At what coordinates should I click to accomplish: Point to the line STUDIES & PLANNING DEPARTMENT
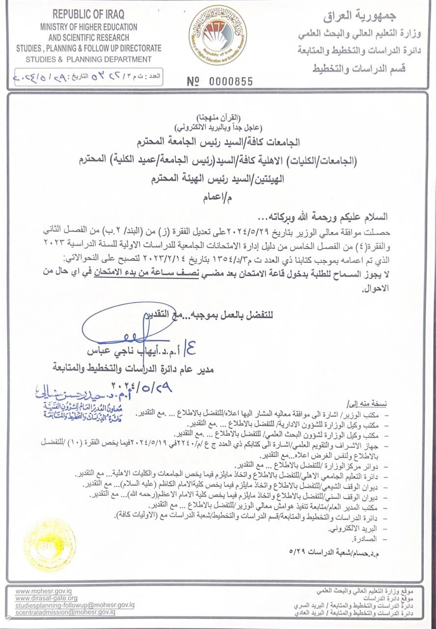pos(89,59)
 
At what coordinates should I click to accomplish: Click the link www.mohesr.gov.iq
pos(44,591)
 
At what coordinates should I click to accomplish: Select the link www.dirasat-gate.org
pos(46,598)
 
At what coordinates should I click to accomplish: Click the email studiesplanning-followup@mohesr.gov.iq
pos(75,605)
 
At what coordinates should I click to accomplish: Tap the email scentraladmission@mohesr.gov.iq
pos(65,612)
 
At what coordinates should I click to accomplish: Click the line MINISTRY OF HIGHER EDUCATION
pos(89,27)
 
